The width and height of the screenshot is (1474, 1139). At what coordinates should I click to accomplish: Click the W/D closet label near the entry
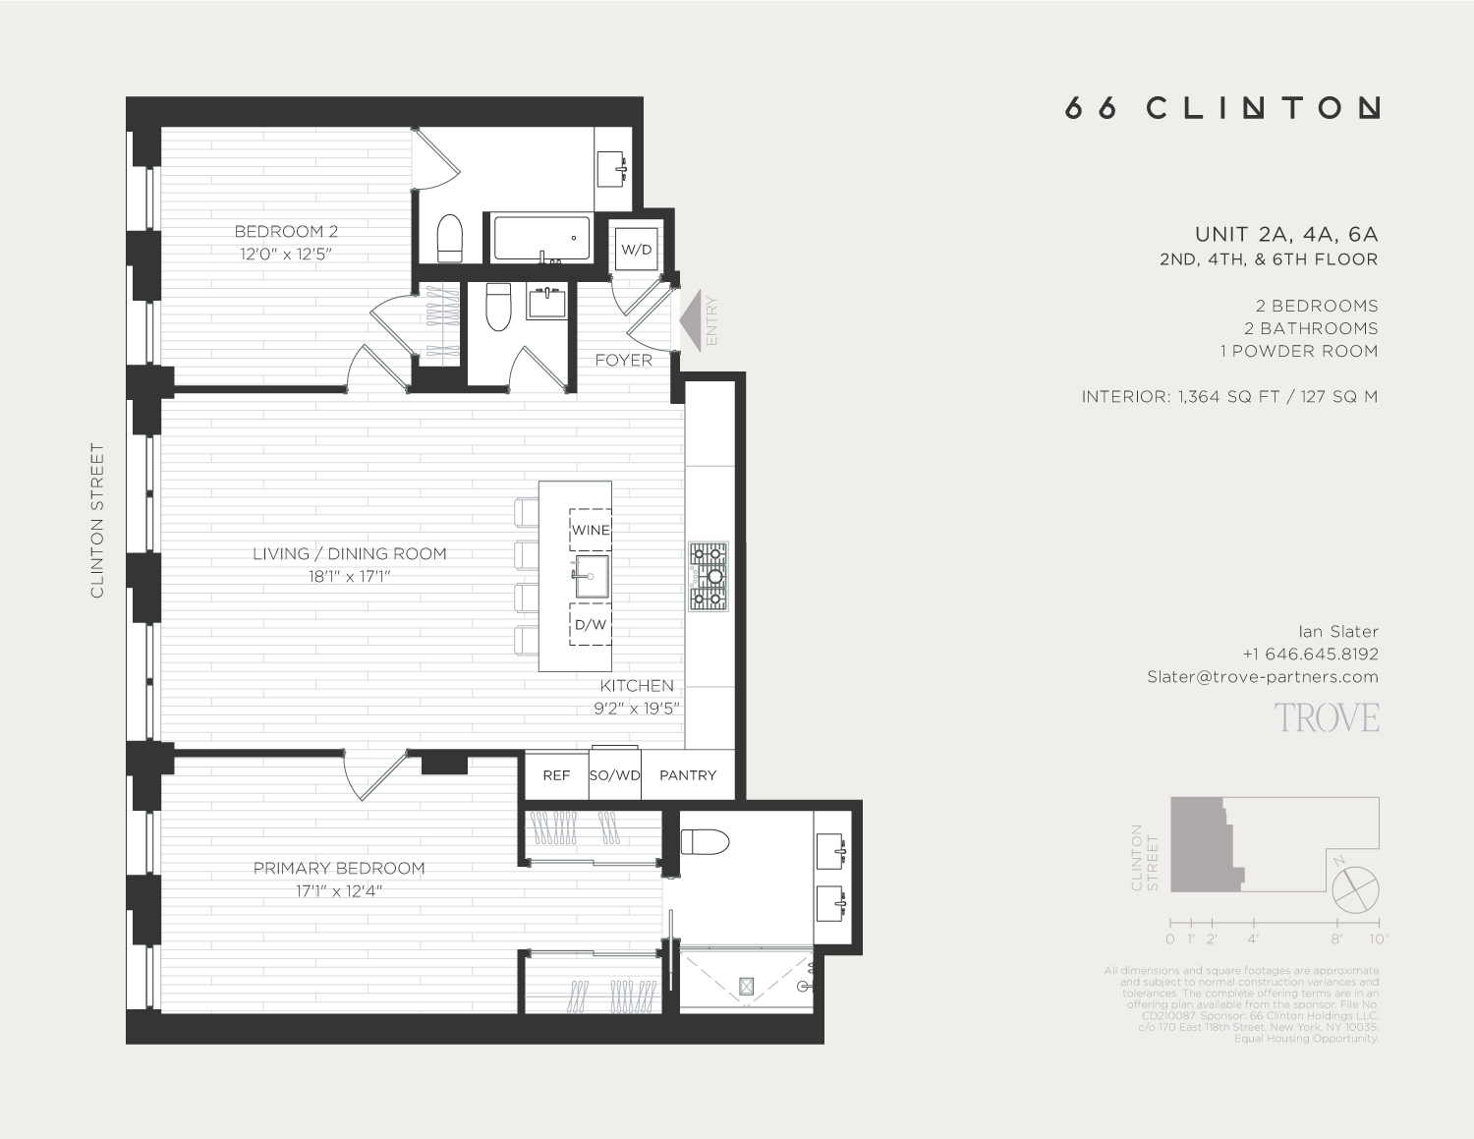point(636,250)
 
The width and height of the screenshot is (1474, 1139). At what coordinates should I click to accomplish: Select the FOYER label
point(623,361)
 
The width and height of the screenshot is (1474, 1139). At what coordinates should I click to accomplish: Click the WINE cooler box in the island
point(591,530)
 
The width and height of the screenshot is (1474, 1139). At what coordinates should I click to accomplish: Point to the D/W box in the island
point(591,624)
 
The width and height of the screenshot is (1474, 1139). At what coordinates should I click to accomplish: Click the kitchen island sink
point(593,576)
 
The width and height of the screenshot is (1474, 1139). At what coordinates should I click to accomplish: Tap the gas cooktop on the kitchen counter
point(708,576)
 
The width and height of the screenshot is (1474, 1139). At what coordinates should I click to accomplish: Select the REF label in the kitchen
point(556,775)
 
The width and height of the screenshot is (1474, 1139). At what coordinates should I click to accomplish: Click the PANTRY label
point(688,775)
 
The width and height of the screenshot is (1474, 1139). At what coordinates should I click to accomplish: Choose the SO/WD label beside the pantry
point(615,775)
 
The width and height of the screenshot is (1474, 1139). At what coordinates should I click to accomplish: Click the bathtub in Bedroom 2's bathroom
point(541,239)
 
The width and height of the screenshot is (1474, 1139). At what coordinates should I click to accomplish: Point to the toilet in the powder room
point(499,307)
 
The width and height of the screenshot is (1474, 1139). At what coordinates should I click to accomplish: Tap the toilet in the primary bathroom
point(705,842)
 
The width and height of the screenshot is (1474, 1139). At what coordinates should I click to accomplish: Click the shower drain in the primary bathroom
point(746,985)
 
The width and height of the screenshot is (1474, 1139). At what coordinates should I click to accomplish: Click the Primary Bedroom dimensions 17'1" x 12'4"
point(339,891)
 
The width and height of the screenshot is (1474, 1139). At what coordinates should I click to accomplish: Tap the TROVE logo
point(1327,718)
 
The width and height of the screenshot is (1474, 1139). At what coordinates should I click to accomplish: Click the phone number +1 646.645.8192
point(1310,654)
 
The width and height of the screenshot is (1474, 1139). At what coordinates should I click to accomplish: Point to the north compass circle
point(1356,890)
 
